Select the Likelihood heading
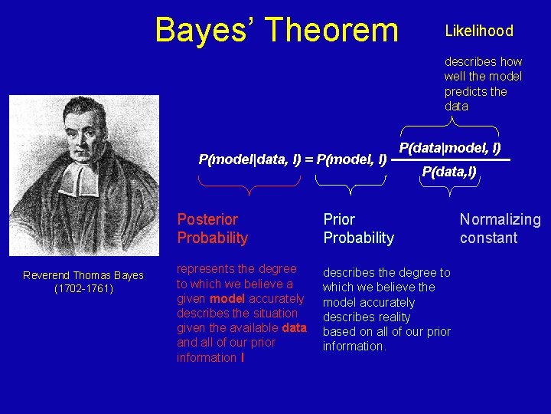(479, 31)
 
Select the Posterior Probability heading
(213, 228)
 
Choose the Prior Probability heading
(358, 228)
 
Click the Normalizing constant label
(500, 228)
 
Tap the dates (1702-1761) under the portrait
(83, 288)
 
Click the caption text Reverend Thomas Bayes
(83, 275)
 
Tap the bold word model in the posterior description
(228, 299)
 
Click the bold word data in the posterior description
(294, 328)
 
